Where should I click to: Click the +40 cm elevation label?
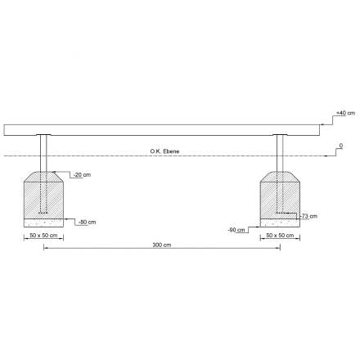[x=346, y=113]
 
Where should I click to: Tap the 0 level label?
[x=341, y=146]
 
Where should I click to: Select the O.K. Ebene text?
[x=164, y=151]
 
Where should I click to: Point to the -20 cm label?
[x=82, y=175]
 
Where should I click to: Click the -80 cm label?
[x=87, y=222]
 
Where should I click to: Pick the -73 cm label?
[x=308, y=216]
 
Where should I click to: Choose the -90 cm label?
[x=236, y=230]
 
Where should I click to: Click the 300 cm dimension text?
[x=162, y=245]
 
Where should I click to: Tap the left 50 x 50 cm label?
[x=43, y=235]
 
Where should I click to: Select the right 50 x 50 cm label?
[x=280, y=235]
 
